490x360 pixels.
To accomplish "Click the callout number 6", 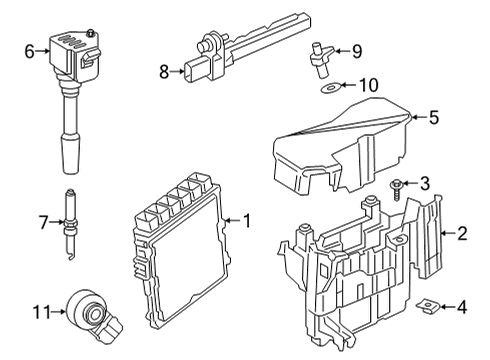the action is click(29, 51).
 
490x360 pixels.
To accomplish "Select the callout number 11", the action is click(42, 312).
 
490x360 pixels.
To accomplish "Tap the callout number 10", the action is click(368, 85).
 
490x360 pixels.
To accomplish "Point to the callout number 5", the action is click(433, 117).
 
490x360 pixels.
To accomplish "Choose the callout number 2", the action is click(462, 233).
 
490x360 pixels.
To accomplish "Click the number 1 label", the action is click(247, 221).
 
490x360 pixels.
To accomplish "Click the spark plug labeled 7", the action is click(69, 224).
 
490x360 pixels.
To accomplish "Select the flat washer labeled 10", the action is click(330, 88).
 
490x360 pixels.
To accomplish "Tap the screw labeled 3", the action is click(396, 189).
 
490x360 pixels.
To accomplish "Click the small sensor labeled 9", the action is click(321, 59).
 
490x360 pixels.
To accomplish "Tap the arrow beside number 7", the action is click(56, 222).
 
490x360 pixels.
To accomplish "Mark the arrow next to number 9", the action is click(342, 51).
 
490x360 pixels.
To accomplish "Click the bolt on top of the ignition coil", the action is click(90, 33).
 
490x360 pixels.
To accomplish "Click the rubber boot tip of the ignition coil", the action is click(70, 153).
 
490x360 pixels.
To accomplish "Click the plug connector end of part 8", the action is click(193, 70).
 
